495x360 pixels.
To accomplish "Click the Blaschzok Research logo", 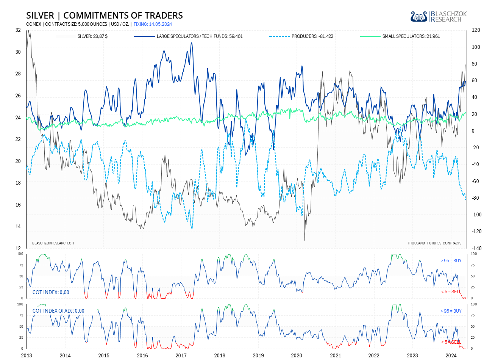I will [x=439, y=17].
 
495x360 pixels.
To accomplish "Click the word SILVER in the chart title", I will [x=40, y=16].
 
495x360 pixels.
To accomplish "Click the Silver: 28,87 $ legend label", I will [x=92, y=36].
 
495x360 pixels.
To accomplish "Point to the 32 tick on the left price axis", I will [x=18, y=30].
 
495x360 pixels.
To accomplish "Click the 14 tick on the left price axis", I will [x=18, y=227].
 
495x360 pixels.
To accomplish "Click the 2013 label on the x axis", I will [x=27, y=355].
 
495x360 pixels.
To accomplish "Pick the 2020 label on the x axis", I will [x=297, y=355].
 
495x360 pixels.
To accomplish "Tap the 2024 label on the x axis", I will [x=451, y=355].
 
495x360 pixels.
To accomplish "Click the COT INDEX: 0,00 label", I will [x=51, y=292].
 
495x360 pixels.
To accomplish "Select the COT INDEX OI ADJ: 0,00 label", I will [x=58, y=311].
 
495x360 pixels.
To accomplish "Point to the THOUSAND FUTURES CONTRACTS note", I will [x=434, y=243].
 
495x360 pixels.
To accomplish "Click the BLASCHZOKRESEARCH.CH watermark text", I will [x=53, y=243].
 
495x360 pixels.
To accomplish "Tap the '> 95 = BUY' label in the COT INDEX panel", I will [x=451, y=261].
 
